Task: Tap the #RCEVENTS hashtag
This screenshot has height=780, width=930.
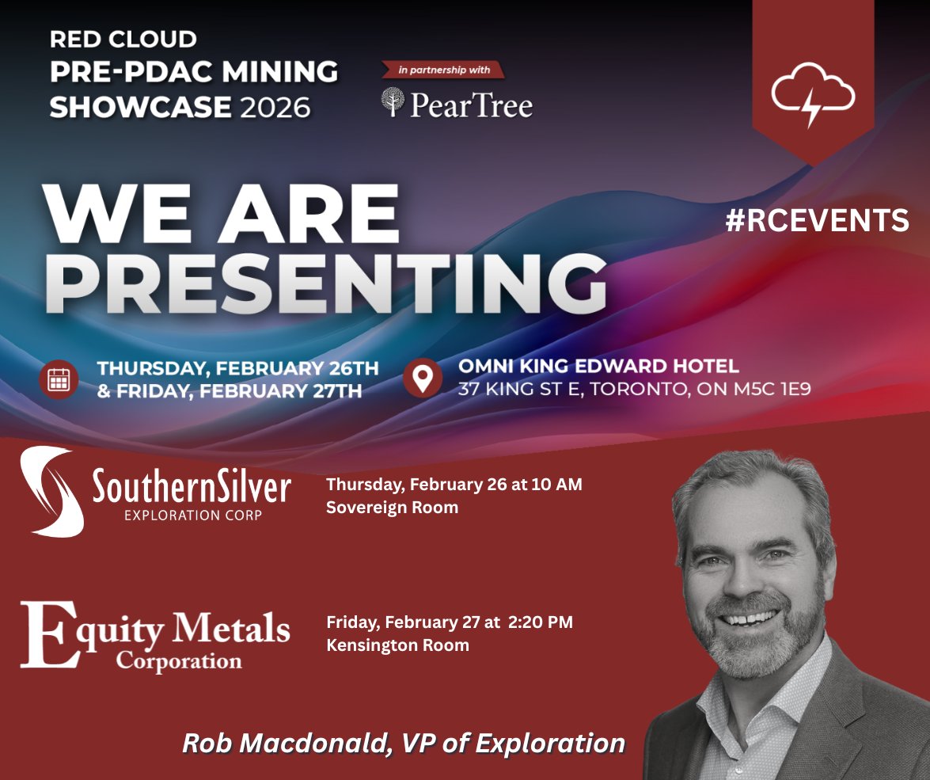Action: pos(818,221)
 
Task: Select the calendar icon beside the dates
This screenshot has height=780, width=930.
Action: pos(59,379)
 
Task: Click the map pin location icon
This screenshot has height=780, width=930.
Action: pos(423,378)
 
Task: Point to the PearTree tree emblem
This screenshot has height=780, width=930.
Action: pos(393,103)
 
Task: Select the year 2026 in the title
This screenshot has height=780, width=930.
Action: pos(275,106)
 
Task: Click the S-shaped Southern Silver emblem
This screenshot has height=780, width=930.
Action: pos(49,492)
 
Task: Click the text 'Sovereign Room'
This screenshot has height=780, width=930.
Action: pos(392,508)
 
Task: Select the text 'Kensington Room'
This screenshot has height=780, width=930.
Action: pos(397,645)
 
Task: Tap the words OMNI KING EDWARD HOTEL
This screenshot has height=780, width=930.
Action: pos(598,366)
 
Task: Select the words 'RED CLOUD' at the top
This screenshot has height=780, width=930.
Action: pos(123,38)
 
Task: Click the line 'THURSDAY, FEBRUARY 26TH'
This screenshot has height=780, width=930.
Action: pos(237,368)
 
